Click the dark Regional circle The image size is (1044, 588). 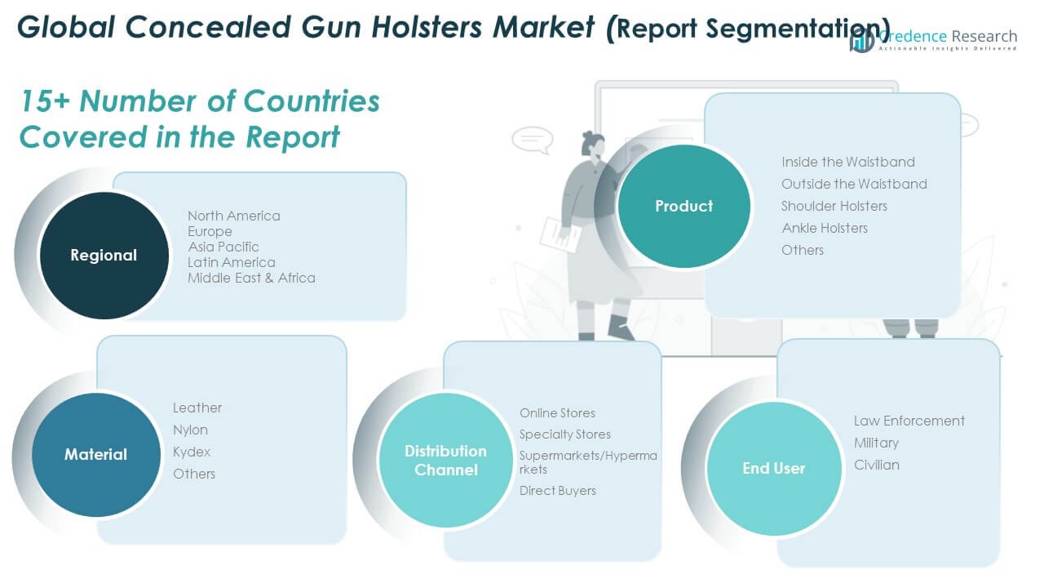pyautogui.click(x=104, y=256)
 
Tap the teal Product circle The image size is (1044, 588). pyautogui.click(x=683, y=206)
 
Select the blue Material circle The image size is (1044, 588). pyautogui.click(x=96, y=455)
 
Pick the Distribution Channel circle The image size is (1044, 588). pyautogui.click(x=445, y=460)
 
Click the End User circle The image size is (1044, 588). pyautogui.click(x=774, y=468)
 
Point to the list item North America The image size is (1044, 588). pyautogui.click(x=234, y=216)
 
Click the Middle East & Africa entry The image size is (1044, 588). pyautogui.click(x=251, y=278)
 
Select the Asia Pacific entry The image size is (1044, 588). pyautogui.click(x=223, y=247)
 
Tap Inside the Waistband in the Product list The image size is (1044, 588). pyautogui.click(x=848, y=162)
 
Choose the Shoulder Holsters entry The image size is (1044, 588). pyautogui.click(x=834, y=206)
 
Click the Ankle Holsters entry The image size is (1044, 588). pyautogui.click(x=825, y=228)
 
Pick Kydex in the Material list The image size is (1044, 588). pyautogui.click(x=192, y=452)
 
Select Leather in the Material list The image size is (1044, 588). pyautogui.click(x=197, y=408)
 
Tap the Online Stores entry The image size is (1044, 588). pyautogui.click(x=557, y=413)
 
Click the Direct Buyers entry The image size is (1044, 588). pyautogui.click(x=557, y=491)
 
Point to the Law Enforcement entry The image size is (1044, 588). pyautogui.click(x=909, y=421)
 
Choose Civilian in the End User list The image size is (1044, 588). pyautogui.click(x=877, y=465)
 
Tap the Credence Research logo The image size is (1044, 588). pyautogui.click(x=933, y=39)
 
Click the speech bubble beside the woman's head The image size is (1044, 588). pyautogui.click(x=533, y=140)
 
